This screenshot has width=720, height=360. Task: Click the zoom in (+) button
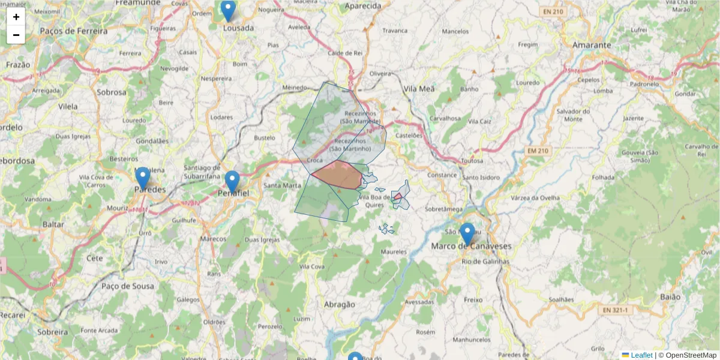16,17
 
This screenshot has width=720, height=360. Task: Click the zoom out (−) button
16,35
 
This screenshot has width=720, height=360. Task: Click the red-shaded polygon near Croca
337,175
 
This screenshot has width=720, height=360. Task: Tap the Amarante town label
592,45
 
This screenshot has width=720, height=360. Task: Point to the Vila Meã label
419,89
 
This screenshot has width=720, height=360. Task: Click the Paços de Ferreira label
74,31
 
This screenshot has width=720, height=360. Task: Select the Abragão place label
339,304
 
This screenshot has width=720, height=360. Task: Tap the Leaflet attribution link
641,355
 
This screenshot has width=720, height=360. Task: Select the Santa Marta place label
282,185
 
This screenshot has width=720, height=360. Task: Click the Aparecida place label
363,6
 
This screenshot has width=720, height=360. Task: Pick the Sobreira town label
52,331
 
